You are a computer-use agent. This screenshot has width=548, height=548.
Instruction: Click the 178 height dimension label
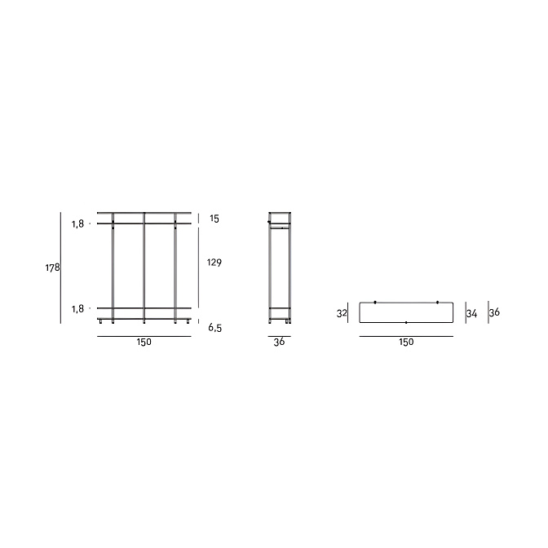pyautogui.click(x=52, y=267)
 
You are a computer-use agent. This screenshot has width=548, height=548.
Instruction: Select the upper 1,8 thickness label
pyautogui.click(x=78, y=223)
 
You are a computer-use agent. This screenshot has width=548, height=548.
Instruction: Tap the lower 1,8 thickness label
pyautogui.click(x=78, y=308)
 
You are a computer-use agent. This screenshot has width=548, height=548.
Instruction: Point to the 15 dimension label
pyautogui.click(x=214, y=219)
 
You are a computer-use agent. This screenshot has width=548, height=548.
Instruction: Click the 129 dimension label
pyautogui.click(x=214, y=262)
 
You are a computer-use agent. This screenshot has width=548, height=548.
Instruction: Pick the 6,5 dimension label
pyautogui.click(x=215, y=328)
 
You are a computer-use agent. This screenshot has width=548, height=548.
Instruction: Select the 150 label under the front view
pyautogui.click(x=144, y=342)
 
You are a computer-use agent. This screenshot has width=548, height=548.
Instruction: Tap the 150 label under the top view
pyautogui.click(x=406, y=342)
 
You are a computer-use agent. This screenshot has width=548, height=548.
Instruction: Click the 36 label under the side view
pyautogui.click(x=279, y=342)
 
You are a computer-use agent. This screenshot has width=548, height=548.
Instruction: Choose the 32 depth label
pyautogui.click(x=342, y=313)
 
